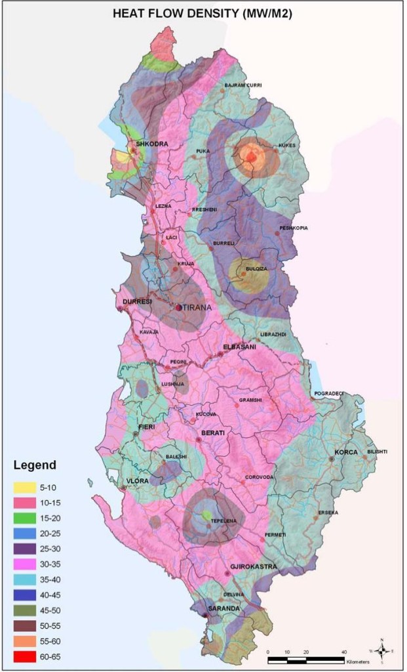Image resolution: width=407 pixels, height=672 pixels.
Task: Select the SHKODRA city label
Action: tap(152, 144)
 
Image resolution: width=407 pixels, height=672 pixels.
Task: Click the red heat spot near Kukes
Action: tap(251, 157)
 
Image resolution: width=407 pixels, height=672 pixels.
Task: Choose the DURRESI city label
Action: tap(137, 302)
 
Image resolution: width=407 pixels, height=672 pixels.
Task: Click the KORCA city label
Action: tap(346, 453)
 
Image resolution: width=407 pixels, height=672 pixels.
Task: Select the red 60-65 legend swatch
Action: tap(29, 656)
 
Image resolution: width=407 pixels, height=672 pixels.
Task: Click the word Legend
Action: tap(35, 466)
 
